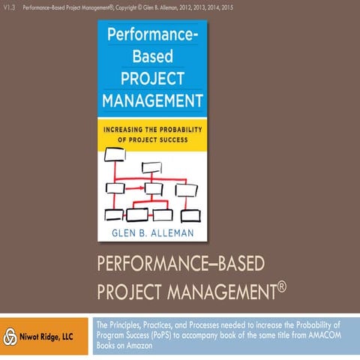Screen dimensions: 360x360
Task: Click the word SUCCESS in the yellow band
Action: (x=174, y=140)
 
